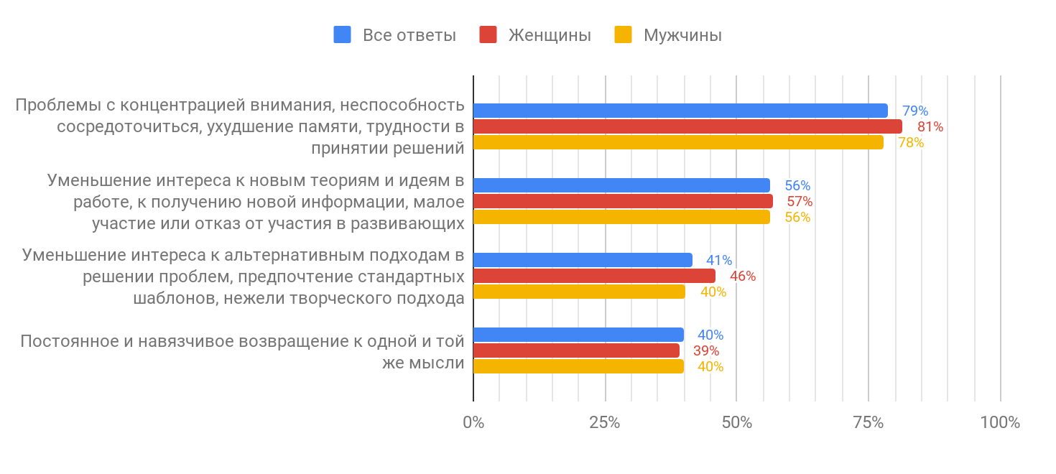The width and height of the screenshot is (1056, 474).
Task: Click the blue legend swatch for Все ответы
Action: click(342, 34)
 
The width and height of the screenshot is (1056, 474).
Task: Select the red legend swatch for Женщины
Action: click(488, 34)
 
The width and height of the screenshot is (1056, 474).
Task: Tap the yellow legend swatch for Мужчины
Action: click(623, 34)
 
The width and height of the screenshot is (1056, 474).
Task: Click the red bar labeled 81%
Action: click(687, 126)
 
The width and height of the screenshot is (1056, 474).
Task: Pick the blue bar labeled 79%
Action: click(680, 111)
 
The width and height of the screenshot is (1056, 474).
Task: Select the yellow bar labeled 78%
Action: click(678, 142)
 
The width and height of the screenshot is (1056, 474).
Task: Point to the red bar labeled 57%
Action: click(623, 201)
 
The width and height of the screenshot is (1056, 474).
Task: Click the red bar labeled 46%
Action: click(594, 276)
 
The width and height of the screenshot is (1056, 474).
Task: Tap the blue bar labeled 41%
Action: click(583, 260)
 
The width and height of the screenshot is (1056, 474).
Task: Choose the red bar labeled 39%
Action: click(576, 350)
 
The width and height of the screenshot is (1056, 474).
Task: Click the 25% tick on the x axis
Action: click(605, 422)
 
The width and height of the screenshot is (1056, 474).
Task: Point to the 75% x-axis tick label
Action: click(868, 422)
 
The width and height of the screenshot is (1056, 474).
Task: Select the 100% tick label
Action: click(1000, 422)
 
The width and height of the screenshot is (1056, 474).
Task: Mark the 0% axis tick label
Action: click(473, 422)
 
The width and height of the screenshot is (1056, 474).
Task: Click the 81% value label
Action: click(930, 127)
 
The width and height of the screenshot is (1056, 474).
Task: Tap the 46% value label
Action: click(743, 276)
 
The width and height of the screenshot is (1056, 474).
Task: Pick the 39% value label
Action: click(706, 351)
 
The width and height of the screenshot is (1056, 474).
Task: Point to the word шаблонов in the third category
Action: click(175, 298)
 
